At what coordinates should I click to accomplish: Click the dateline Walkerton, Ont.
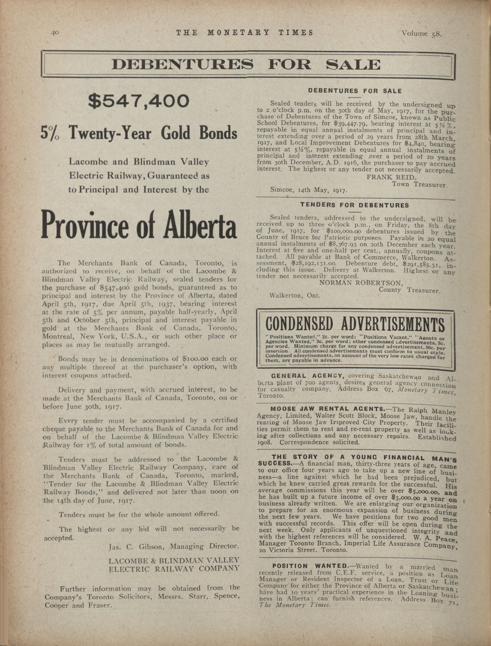(295, 295)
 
